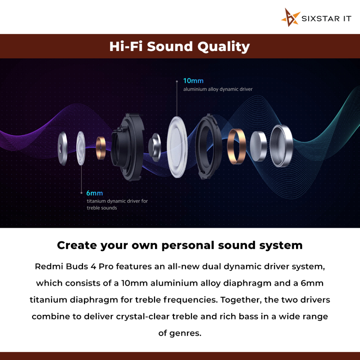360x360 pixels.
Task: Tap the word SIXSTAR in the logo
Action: click(x=321, y=19)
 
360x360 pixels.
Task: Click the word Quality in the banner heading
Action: click(x=223, y=47)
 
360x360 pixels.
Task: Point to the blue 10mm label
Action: click(x=193, y=81)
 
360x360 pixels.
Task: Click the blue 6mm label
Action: click(x=95, y=193)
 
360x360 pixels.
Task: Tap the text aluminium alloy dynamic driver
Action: click(x=218, y=89)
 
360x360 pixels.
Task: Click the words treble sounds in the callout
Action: click(x=102, y=208)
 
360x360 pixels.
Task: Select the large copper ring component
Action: click(x=236, y=147)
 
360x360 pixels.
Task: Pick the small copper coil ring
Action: click(x=101, y=148)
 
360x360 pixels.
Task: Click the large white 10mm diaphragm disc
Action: click(x=177, y=147)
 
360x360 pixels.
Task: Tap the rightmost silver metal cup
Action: click(x=281, y=146)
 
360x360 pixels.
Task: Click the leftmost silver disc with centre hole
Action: click(x=63, y=149)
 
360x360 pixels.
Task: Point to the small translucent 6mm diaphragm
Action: click(x=81, y=148)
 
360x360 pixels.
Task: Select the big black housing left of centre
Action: click(x=128, y=147)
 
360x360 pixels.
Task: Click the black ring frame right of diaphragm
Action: click(x=208, y=147)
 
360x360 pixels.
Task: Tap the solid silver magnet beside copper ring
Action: click(x=258, y=146)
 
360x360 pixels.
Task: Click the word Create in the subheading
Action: click(x=77, y=245)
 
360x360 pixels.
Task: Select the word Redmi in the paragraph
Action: click(x=49, y=266)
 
